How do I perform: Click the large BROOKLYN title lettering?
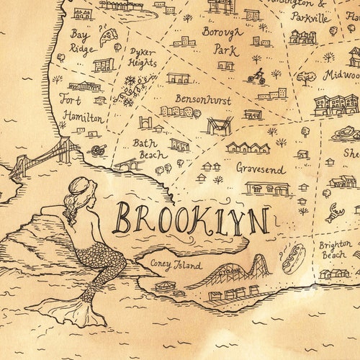(192, 219)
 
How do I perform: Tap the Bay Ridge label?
(81, 41)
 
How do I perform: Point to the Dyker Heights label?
(143, 58)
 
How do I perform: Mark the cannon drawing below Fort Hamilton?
(96, 150)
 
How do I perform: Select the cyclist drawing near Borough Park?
(256, 76)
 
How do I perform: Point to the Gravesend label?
(260, 168)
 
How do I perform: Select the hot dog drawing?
(292, 258)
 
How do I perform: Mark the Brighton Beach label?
(333, 249)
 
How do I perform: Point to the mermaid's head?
(81, 191)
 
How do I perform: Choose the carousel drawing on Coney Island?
(165, 285)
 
